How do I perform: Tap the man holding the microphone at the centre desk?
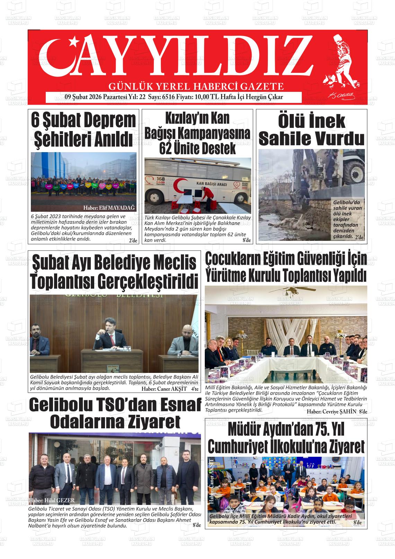[113, 334]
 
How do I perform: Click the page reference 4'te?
[194, 389]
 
